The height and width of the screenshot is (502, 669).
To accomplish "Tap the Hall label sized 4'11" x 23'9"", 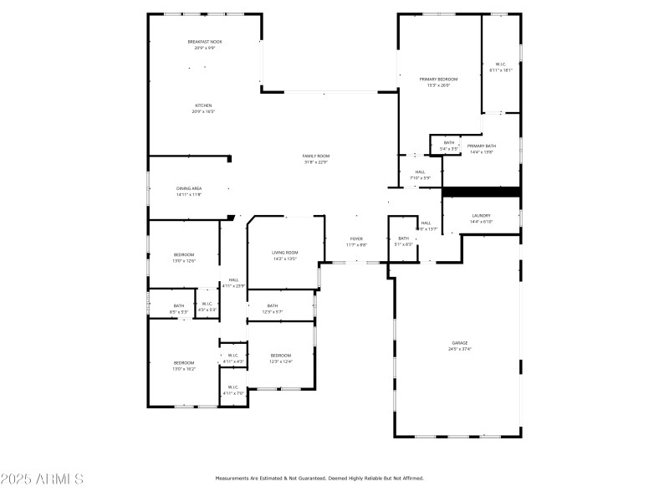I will coord(233,282).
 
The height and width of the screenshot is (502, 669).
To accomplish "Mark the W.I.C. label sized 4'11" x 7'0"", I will coord(233,389).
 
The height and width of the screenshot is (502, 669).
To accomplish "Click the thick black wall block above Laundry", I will coord(481,192).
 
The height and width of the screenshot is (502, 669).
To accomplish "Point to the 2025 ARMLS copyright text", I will coord(42,479).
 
